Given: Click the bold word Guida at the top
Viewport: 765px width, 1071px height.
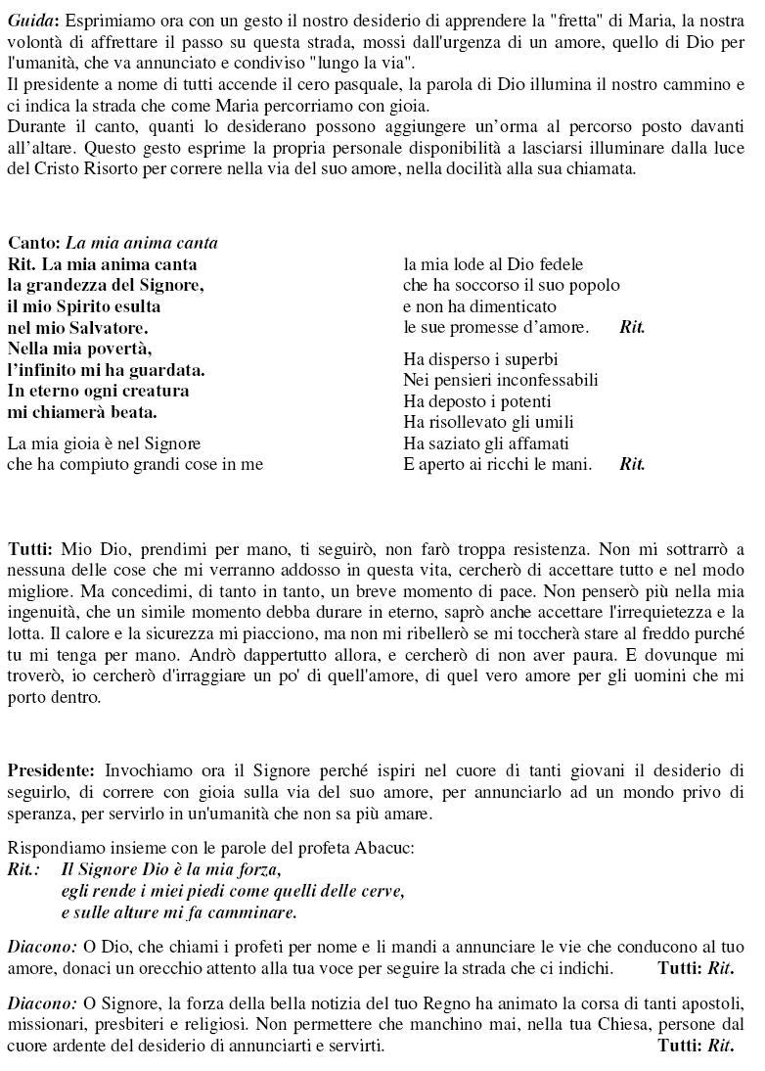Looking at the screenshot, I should coord(32,21).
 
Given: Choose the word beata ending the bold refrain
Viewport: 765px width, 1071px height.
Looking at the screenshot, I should coord(132,412).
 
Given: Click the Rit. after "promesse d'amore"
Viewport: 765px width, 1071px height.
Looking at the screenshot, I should coord(632,328).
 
